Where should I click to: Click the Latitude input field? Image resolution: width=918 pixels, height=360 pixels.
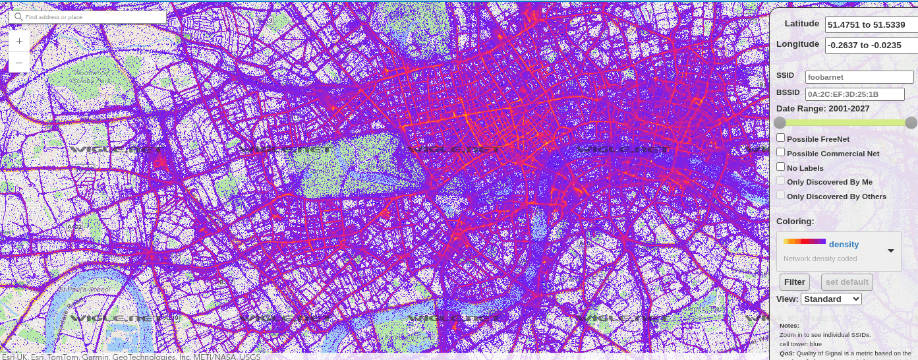tap(870, 24)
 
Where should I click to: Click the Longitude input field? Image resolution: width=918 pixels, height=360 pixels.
tap(870, 45)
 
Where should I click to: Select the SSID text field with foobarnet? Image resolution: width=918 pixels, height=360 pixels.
tap(859, 77)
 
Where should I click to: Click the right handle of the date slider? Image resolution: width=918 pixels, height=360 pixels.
tap(911, 123)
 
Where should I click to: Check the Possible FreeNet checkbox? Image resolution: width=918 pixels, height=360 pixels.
tap(781, 138)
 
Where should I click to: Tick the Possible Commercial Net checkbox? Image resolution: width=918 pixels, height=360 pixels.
tap(781, 152)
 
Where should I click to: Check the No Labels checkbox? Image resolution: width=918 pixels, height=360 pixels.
tap(781, 167)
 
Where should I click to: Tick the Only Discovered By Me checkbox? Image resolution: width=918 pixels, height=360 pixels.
tap(781, 181)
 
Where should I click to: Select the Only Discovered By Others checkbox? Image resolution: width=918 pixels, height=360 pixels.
tap(781, 196)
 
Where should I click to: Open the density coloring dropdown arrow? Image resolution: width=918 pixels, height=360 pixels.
tap(890, 251)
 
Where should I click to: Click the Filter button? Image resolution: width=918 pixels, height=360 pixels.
tap(794, 282)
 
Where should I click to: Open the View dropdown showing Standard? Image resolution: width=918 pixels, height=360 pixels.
tap(830, 299)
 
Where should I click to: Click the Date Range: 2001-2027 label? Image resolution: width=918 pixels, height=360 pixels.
tap(822, 109)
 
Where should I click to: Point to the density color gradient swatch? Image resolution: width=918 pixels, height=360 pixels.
tap(804, 241)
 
